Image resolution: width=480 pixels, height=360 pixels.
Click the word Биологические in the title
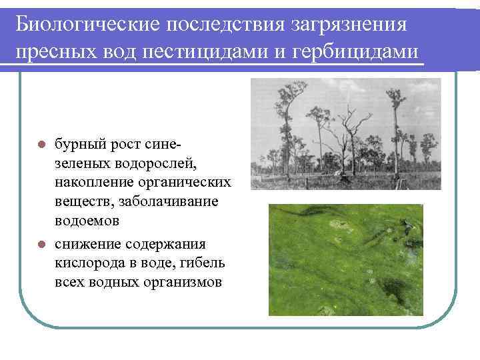click(86, 25)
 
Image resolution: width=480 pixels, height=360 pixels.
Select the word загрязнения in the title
click(350, 25)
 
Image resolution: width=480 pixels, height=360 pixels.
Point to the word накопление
click(95, 182)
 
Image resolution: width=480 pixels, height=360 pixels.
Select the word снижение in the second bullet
click(87, 244)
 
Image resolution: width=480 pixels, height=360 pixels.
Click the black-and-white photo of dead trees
click(345, 134)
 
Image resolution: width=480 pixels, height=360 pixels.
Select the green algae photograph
click(345, 259)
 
